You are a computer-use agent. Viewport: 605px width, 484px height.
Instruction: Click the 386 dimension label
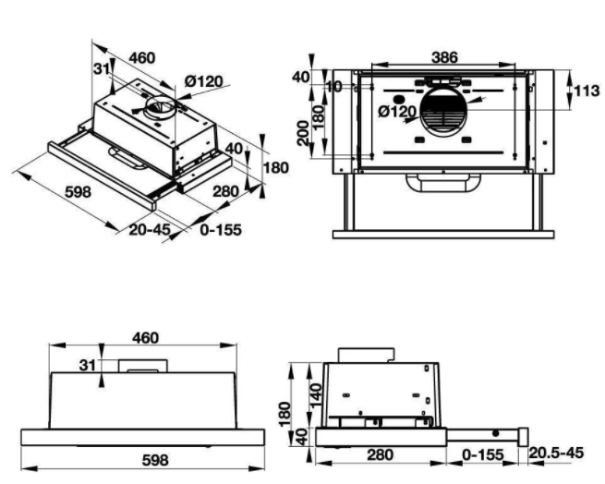445,57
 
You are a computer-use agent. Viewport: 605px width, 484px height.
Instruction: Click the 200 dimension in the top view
302,134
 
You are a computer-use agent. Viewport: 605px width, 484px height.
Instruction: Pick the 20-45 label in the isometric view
149,229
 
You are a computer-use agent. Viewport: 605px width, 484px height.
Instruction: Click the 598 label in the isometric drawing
78,193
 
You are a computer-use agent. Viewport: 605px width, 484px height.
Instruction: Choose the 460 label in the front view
145,339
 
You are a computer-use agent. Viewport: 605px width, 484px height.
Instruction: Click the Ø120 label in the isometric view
202,81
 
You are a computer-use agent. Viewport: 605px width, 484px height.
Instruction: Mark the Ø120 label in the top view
397,112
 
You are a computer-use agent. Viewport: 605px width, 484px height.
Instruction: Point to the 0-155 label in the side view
483,454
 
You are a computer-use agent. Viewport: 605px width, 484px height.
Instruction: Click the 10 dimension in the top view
332,86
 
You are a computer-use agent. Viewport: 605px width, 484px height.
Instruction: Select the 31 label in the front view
87,366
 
